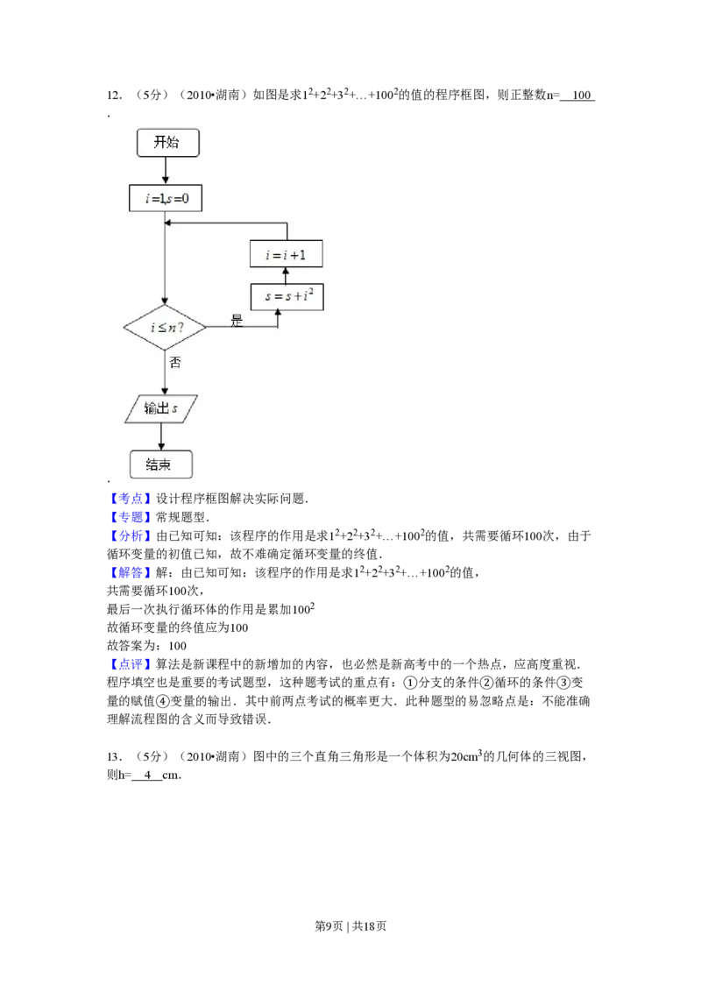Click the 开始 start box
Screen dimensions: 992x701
[167, 143]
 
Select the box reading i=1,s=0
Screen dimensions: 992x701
[166, 199]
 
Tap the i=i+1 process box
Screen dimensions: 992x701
[286, 255]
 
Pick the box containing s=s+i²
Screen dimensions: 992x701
[287, 297]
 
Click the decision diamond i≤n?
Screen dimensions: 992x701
[165, 329]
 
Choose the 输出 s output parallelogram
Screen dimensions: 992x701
[161, 409]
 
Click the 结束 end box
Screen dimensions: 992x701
[160, 464]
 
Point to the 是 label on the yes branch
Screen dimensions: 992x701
[236, 321]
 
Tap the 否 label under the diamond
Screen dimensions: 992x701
[174, 362]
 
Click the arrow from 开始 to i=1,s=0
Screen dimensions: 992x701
[165, 171]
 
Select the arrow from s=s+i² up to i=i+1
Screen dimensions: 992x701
[286, 276]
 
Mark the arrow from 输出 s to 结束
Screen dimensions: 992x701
[161, 436]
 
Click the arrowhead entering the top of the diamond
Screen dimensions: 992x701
[165, 301]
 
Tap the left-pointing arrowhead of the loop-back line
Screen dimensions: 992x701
[169, 223]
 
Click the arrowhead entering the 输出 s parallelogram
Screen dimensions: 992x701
[165, 392]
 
